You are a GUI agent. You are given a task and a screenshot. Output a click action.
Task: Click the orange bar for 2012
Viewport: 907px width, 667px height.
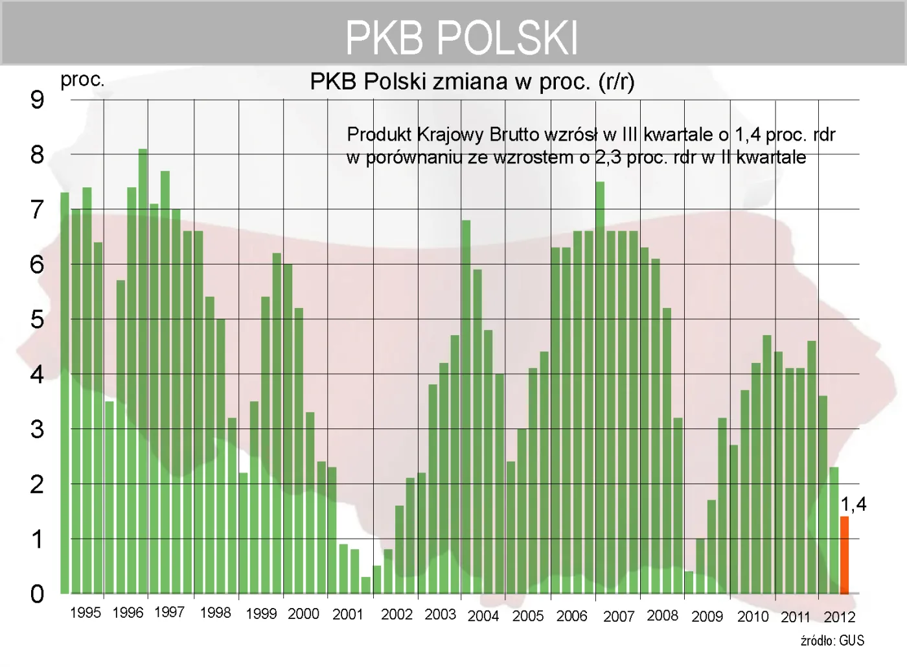click(x=844, y=555)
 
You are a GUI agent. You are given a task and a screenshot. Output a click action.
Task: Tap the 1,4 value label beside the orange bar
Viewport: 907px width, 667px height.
click(x=853, y=504)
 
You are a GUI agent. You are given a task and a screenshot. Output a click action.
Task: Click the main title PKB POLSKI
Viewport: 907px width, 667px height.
click(x=461, y=38)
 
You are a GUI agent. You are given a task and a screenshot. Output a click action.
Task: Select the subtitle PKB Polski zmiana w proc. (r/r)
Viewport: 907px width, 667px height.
click(x=472, y=82)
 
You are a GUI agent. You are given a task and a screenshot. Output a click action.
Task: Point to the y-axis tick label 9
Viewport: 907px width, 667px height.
click(x=37, y=100)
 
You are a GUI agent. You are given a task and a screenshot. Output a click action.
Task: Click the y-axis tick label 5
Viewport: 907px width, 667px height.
click(x=37, y=320)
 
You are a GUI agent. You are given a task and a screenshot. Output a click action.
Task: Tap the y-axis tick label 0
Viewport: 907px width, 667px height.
click(x=37, y=594)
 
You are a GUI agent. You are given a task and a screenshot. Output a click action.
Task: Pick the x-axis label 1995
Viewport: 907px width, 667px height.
click(x=86, y=613)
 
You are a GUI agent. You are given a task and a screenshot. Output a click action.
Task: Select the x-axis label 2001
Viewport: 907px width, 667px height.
click(x=348, y=614)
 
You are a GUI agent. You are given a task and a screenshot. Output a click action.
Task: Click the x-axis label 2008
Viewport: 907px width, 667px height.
click(x=662, y=615)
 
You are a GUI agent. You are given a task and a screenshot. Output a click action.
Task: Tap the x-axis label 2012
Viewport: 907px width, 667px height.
click(x=839, y=616)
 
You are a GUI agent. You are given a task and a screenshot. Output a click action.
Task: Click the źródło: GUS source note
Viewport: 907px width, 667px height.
click(x=832, y=641)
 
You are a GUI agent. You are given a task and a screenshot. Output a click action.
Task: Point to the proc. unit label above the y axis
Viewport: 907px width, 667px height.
click(x=82, y=80)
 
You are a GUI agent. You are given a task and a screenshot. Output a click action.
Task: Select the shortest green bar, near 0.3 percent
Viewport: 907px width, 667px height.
click(x=366, y=585)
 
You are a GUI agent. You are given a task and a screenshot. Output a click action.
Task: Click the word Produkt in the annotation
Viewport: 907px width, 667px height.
click(x=379, y=135)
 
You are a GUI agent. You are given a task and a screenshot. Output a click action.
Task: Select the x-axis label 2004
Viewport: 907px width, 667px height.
click(x=483, y=616)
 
